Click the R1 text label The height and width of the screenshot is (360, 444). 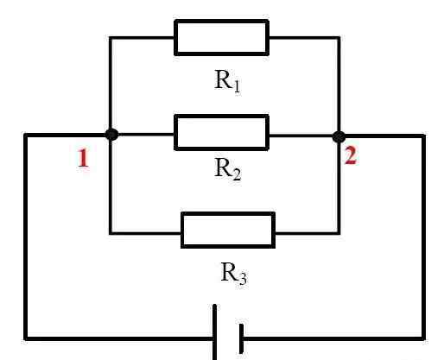click(227, 81)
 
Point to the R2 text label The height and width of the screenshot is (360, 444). click(227, 169)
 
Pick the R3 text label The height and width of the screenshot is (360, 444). click(233, 274)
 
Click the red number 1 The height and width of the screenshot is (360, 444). click(83, 158)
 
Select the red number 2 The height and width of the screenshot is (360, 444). click(351, 155)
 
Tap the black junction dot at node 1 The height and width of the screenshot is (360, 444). click(111, 135)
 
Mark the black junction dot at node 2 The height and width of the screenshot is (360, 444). click(339, 136)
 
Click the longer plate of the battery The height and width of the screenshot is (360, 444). click(215, 332)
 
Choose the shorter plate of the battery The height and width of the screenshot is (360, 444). click(241, 338)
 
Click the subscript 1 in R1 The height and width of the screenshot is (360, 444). click(237, 86)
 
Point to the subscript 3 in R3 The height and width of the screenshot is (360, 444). click(243, 279)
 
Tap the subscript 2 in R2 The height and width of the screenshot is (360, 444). click(237, 175)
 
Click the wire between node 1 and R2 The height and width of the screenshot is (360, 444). click(146, 135)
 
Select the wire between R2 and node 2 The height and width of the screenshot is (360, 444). click(301, 136)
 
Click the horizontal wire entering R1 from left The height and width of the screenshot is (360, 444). click(142, 38)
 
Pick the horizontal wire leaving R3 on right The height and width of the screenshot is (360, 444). click(308, 232)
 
